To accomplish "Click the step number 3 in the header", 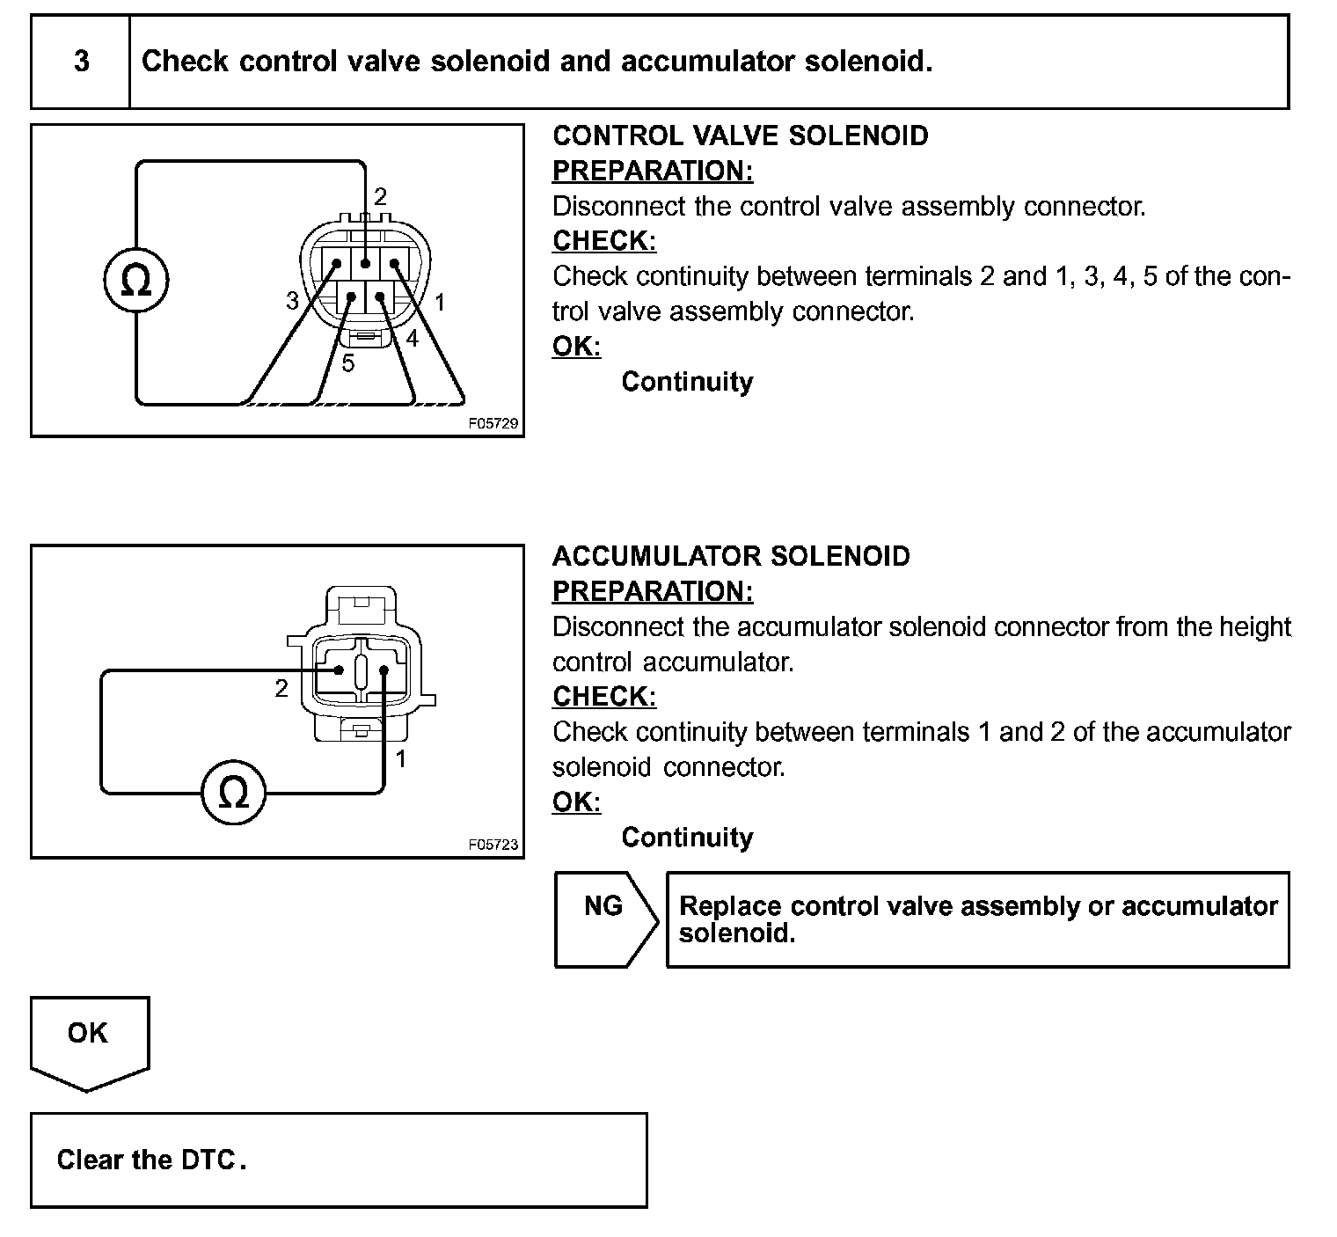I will click(x=81, y=62).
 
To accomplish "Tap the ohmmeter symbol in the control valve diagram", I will click(x=135, y=282).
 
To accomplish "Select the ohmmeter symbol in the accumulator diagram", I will click(x=233, y=794).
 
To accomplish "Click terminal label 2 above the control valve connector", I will click(x=380, y=196).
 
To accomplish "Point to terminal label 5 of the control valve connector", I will click(x=348, y=363).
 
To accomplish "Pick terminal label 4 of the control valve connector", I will click(x=412, y=337).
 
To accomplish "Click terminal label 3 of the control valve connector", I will click(x=292, y=301).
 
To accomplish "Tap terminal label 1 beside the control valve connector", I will click(x=440, y=304).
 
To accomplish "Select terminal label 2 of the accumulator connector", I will click(x=281, y=689).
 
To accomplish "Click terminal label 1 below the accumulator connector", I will click(x=401, y=759).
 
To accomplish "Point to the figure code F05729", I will click(x=493, y=424).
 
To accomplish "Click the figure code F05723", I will click(x=493, y=845).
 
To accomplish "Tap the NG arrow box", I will click(x=605, y=919).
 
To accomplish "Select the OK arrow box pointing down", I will click(x=89, y=1041).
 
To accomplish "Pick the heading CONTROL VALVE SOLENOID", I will click(x=740, y=135).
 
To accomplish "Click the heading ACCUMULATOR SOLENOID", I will click(x=731, y=556).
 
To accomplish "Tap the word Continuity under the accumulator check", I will click(x=687, y=837).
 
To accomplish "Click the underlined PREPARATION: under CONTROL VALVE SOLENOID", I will click(x=653, y=171).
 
